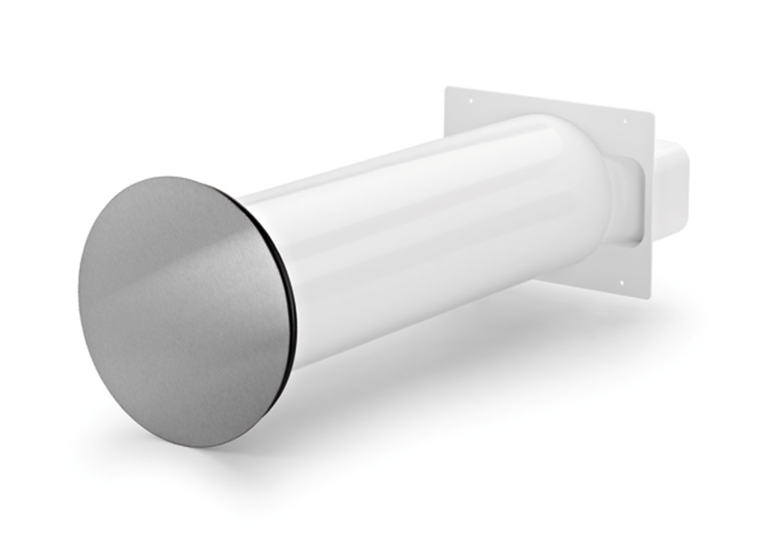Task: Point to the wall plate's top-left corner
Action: click(446, 88)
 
